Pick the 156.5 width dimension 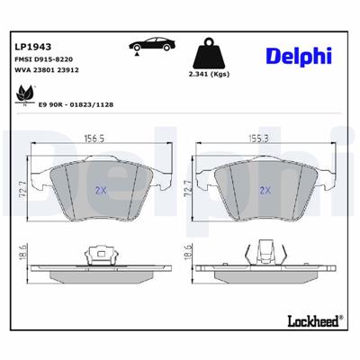(107, 140)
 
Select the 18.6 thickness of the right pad (188, 257)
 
